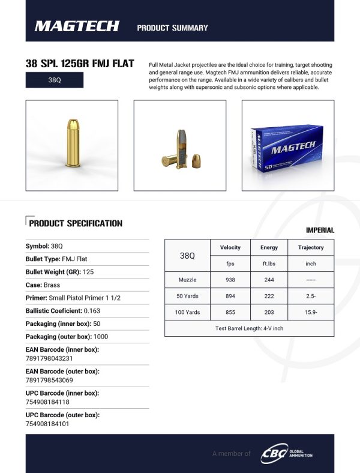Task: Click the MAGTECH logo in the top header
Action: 77,26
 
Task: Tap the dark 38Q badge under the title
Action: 55,80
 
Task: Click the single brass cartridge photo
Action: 72,145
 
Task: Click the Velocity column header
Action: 230,247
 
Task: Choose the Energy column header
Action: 269,247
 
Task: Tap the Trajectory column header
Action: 311,247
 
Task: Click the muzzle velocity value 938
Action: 230,280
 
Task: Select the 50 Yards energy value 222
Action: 269,296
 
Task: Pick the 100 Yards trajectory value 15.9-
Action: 311,312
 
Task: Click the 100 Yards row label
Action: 187,312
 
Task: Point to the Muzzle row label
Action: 187,280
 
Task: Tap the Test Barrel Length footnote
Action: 249,328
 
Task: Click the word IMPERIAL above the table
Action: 320,230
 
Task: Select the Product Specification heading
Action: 76,223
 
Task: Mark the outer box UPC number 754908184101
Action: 47,423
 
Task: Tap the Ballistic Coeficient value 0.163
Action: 92,310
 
